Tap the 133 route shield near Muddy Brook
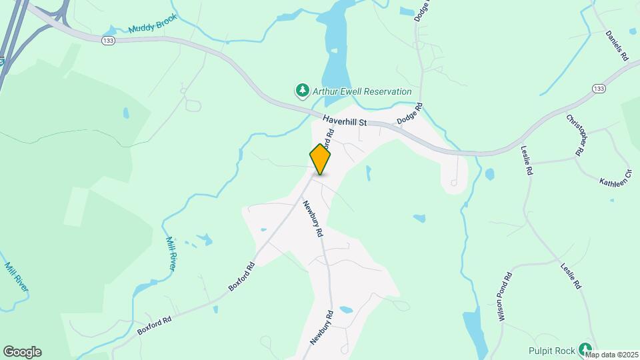tap(108, 41)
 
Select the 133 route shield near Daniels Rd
tap(599, 89)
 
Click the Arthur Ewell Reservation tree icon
tap(302, 89)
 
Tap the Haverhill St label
tap(345, 121)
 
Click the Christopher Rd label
tap(577, 135)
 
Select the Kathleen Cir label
tap(614, 182)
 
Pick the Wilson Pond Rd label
tap(504, 297)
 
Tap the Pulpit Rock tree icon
tap(585, 348)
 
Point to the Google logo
tap(22, 352)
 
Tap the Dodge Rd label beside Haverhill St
tap(410, 114)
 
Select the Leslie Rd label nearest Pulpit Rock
tap(571, 275)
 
